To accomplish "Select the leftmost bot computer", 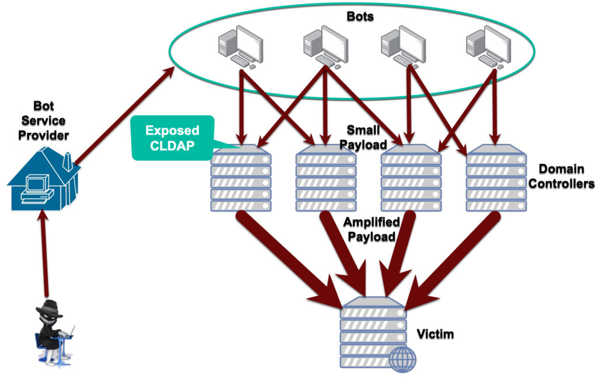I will [239, 47].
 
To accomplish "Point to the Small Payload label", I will [367, 136].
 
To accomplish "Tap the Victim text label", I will [435, 334].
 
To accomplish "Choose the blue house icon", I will [43, 177].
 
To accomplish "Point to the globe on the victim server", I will [403, 359].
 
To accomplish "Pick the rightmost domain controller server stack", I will [495, 179].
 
